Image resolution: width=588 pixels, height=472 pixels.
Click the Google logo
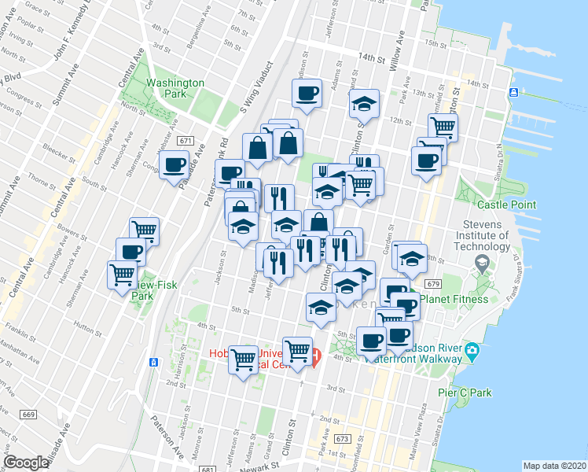coord(27,463)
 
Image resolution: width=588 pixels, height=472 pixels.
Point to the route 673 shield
coord(340,438)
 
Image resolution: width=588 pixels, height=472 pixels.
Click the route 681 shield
coord(208,470)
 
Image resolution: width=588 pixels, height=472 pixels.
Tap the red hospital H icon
coord(315,358)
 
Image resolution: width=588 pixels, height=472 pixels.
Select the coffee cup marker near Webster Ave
coord(174,165)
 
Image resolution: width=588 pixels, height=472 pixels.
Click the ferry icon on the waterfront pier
coord(513,93)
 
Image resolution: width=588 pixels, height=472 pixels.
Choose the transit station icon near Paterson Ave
coord(153,363)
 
